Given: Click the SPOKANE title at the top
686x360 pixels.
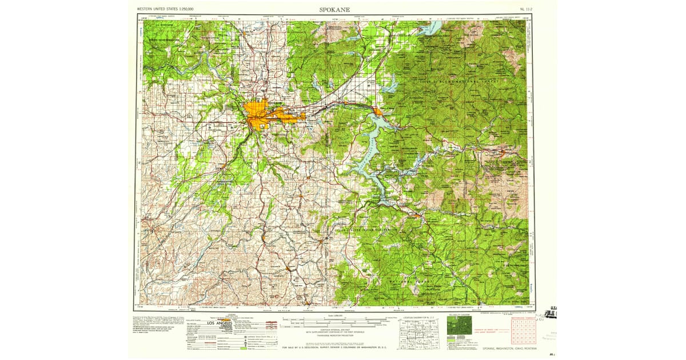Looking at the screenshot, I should click(x=334, y=9).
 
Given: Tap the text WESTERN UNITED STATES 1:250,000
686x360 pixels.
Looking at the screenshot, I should click(x=165, y=10).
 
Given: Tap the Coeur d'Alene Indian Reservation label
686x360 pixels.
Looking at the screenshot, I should click(x=366, y=230).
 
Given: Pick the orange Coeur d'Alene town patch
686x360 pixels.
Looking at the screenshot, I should click(x=378, y=111).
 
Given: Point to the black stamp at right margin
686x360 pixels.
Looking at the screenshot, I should click(x=553, y=313).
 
